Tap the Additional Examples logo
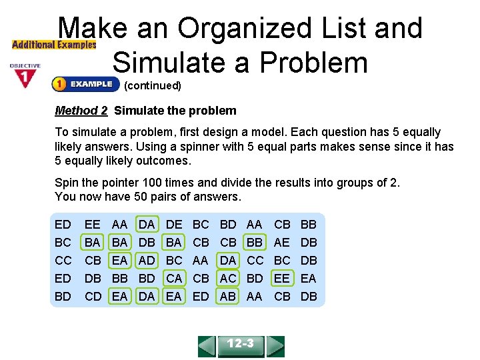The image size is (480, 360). click(54, 45)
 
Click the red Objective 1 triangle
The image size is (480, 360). click(25, 79)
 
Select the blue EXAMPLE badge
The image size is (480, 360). click(85, 84)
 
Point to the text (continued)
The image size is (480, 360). click(153, 85)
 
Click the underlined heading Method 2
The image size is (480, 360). click(81, 111)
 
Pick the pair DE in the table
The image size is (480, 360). click(174, 226)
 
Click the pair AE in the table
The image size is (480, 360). click(282, 243)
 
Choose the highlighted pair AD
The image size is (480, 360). click(147, 261)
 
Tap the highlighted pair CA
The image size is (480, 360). click(174, 278)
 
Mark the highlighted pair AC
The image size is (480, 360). click(228, 278)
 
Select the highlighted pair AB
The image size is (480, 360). click(228, 296)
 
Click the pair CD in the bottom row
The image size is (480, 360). click(93, 296)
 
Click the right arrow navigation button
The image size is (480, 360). click(275, 346)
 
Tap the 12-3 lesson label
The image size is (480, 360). click(241, 345)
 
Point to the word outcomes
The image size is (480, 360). click(163, 161)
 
